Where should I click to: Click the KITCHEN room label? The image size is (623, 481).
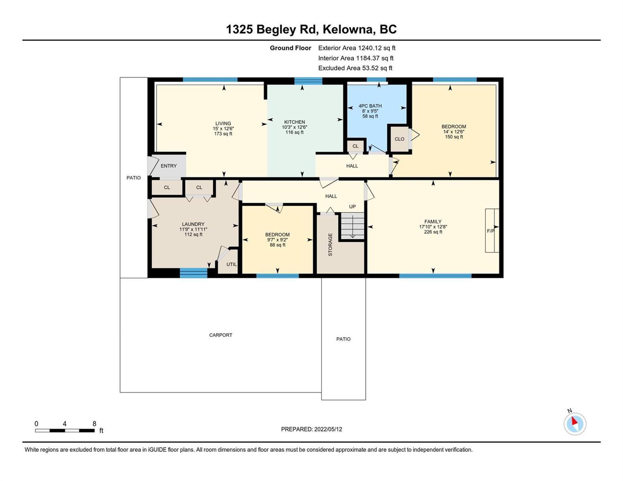(294, 122)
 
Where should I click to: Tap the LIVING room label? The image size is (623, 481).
(223, 123)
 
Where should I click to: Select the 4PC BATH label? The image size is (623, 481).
(370, 106)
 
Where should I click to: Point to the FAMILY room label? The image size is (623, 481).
(433, 221)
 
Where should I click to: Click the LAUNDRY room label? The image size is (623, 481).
(193, 224)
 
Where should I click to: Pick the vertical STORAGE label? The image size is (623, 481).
(330, 245)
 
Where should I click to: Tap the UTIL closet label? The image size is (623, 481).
(231, 265)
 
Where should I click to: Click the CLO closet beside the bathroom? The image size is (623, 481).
(400, 139)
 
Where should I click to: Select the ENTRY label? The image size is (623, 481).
(168, 166)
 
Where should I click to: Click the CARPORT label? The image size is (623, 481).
(221, 335)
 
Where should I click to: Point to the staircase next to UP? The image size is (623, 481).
(352, 226)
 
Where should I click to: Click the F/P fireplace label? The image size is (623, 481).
(491, 231)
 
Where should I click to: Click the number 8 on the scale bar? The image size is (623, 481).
(94, 423)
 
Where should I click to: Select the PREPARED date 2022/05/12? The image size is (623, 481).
(328, 429)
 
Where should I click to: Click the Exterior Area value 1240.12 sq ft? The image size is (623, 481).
(377, 48)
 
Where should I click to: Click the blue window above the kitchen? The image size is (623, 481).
(308, 81)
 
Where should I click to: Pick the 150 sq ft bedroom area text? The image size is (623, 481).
(454, 137)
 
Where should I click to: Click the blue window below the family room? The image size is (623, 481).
(435, 276)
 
